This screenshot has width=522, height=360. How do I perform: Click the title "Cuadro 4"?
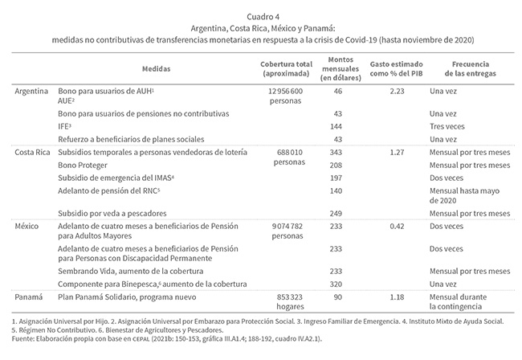261,15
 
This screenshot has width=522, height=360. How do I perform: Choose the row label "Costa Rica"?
32,152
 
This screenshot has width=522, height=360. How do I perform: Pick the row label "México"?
28,227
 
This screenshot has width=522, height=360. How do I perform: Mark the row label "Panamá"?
29,297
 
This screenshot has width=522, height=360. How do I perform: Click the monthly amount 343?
336,152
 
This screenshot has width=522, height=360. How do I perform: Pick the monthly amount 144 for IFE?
336,127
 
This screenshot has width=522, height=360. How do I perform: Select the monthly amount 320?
336,284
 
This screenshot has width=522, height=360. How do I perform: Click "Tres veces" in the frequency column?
447,127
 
